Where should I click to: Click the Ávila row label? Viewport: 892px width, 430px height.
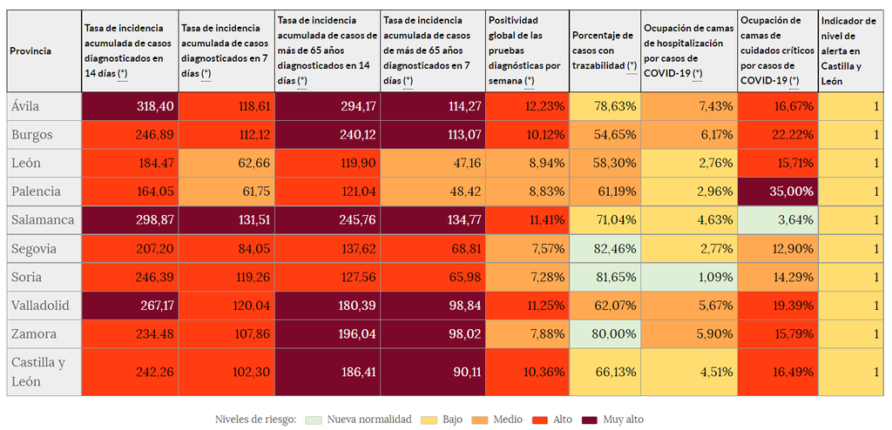25,106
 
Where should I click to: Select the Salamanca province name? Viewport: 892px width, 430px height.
43,220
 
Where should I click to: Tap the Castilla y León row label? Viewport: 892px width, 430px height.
37,372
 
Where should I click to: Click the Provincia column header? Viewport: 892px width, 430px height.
30,51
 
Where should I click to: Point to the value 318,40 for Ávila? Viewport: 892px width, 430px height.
156,106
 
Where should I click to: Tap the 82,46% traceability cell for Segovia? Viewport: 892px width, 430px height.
615,249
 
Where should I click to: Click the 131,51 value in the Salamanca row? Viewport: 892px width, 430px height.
252,220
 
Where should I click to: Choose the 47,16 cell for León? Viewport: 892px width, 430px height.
463,163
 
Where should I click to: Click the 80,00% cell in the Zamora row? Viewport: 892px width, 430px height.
615,334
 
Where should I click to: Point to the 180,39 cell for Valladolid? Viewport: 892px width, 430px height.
357,306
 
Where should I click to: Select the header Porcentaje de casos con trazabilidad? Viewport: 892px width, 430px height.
605,51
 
